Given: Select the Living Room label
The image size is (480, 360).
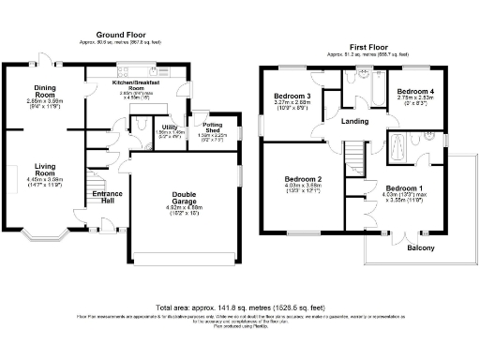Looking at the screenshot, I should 45,170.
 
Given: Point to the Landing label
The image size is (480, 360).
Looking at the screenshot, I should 354,120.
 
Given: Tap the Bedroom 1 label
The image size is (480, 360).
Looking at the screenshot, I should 405,188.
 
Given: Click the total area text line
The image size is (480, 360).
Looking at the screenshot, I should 240,307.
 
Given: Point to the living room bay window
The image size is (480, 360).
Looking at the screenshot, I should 44,232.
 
